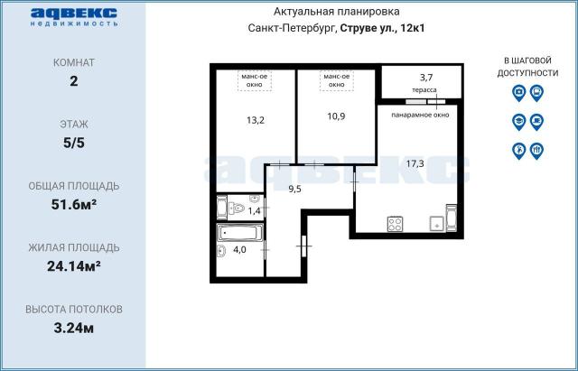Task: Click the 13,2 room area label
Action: tap(256, 120)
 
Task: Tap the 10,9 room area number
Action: tap(336, 116)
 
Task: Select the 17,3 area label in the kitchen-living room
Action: tap(415, 163)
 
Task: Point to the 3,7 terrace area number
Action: tap(426, 78)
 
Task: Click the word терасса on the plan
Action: tap(424, 90)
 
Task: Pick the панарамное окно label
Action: tap(420, 115)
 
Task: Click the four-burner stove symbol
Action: tap(395, 224)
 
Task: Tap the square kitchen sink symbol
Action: tap(437, 224)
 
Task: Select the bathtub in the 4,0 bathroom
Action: tap(240, 233)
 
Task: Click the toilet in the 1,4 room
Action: tap(236, 209)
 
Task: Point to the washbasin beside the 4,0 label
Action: tap(221, 251)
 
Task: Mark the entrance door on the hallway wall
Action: tap(304, 246)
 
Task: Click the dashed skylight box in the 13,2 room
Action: tap(255, 80)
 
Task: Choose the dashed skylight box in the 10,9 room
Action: tap(337, 80)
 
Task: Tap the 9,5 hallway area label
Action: tap(295, 189)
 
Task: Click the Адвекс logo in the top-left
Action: tap(74, 17)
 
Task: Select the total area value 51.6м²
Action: tap(74, 204)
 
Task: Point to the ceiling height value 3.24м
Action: tap(74, 328)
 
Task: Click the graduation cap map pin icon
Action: tap(518, 122)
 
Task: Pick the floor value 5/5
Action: tap(74, 143)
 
